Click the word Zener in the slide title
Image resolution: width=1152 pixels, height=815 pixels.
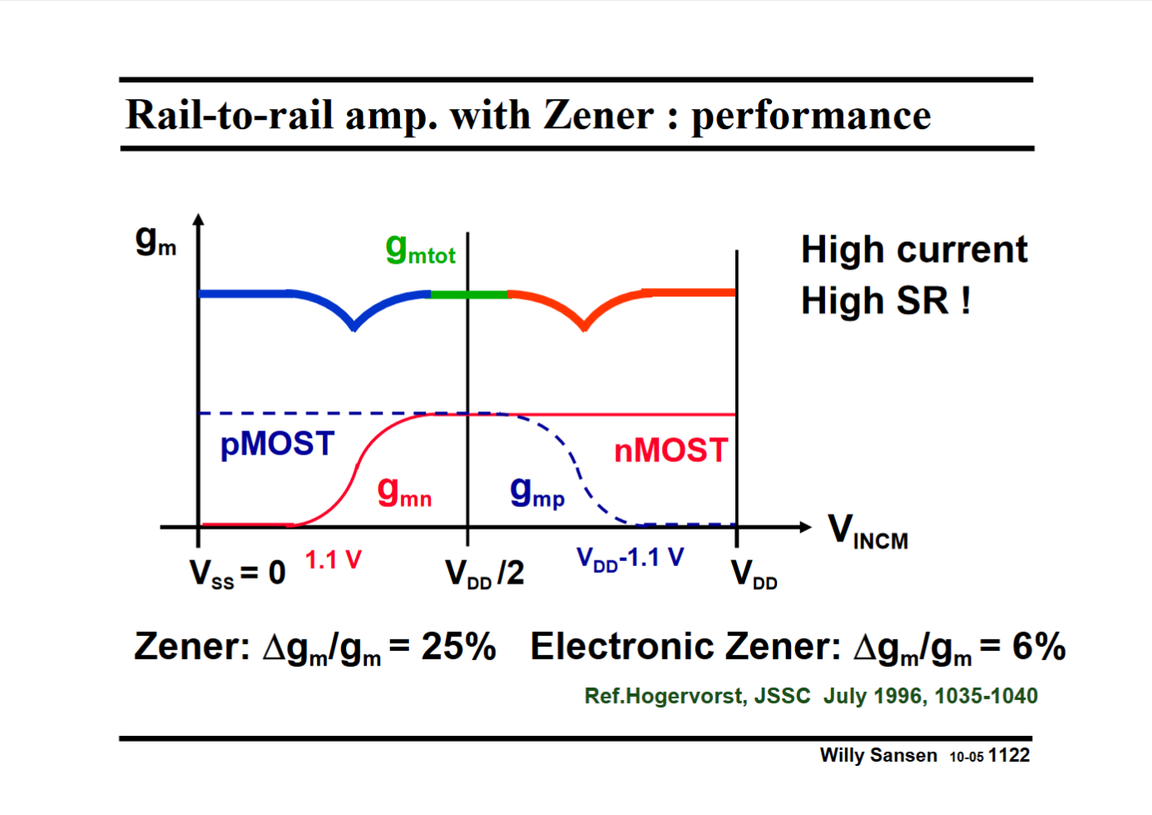coord(599,115)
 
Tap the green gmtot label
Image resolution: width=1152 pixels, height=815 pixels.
coord(420,249)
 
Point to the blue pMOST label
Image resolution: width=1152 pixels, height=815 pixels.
coord(277,445)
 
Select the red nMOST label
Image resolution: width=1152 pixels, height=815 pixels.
coord(671,451)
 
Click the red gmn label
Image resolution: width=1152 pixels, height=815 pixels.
coord(404,492)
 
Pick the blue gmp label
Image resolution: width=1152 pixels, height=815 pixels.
coord(537,492)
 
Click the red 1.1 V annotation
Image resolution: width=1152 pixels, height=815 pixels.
coord(333,560)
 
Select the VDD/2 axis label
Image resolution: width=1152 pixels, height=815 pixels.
coord(484,574)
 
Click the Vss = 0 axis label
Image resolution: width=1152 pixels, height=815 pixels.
coord(237,574)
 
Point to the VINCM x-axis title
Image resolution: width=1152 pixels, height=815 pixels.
coord(868,531)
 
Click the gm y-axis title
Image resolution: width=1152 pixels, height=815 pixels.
coord(156,241)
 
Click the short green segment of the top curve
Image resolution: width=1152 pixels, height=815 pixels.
coord(468,295)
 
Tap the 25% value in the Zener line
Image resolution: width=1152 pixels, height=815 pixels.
coord(458,647)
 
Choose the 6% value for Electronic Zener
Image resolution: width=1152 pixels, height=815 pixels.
coord(1039,647)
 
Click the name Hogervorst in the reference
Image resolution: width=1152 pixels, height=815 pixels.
coord(685,696)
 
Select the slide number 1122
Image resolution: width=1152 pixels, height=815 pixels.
coord(1009,755)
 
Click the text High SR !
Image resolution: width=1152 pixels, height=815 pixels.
coord(886,301)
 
